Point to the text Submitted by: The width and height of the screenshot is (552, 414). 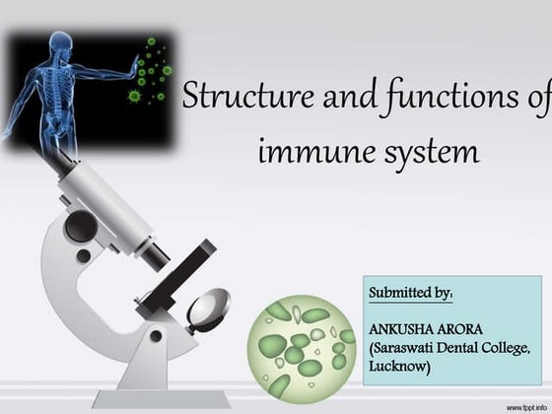[x=410, y=293]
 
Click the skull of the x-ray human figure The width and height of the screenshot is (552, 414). [x=61, y=44]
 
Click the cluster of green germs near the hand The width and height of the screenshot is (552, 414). [x=150, y=71]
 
